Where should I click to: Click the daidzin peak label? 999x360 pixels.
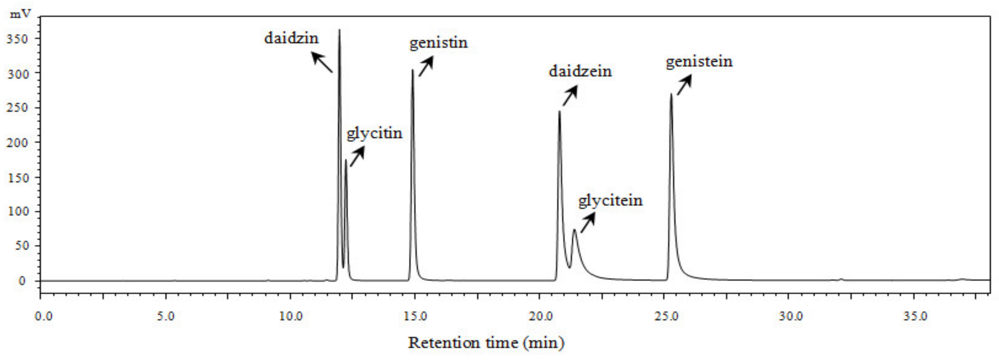(291, 38)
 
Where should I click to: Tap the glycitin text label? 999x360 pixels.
(374, 134)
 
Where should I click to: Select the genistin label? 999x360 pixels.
(438, 43)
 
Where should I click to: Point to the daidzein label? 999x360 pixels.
(580, 71)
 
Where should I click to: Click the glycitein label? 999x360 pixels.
(610, 201)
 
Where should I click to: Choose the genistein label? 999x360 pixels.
(699, 62)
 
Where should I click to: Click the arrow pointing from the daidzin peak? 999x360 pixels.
(322, 62)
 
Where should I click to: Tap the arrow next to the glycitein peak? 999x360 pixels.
(588, 223)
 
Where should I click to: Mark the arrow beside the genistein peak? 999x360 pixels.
(684, 85)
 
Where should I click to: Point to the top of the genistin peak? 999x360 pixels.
(413, 70)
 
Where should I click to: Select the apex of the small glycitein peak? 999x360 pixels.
(574, 230)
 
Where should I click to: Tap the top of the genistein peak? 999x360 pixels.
(671, 94)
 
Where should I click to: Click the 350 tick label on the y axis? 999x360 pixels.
(18, 39)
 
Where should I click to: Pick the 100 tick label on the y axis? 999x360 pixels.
(18, 211)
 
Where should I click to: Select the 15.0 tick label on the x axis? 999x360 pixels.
(415, 316)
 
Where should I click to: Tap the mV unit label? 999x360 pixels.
(20, 14)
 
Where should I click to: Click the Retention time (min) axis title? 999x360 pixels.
(486, 342)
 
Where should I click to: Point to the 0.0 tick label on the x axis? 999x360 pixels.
(43, 316)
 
